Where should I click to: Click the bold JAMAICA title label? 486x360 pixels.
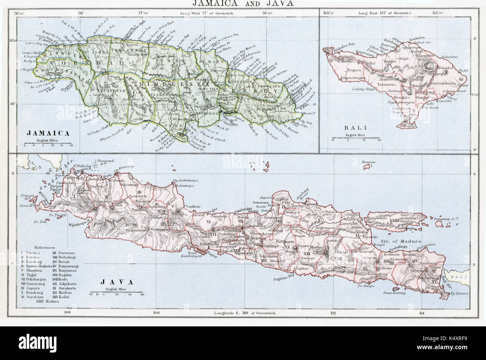click(x=47, y=133)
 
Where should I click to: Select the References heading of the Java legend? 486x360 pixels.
click(x=44, y=247)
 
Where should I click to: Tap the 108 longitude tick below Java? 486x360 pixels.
click(x=156, y=313)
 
